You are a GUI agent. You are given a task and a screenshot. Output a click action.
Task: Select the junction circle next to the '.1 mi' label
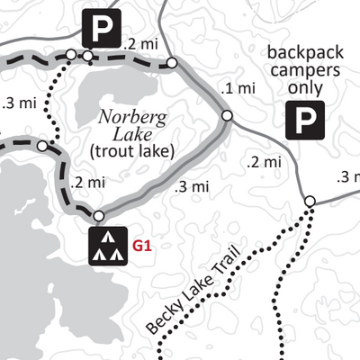tap(227, 115)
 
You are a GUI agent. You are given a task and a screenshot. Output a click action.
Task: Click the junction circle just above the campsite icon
tap(98, 215)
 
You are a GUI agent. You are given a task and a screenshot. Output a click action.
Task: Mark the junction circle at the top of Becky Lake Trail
tap(309, 201)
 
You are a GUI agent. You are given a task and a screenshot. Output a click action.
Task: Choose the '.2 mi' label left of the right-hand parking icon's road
tap(264, 162)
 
